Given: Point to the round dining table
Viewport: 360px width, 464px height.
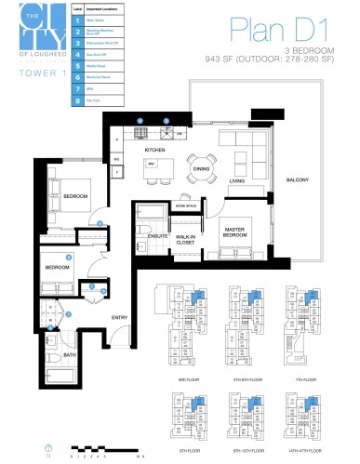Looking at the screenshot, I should coord(199,160).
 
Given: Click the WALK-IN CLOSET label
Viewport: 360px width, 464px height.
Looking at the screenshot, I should coord(192,238).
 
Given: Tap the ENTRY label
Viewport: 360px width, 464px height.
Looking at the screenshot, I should coord(120,317).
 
